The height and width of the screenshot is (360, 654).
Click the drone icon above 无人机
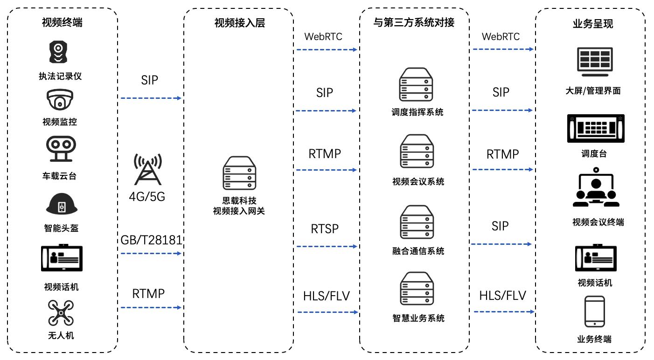point(61,313)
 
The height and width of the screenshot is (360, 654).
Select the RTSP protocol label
point(325,229)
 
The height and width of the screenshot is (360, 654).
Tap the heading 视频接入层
point(239,23)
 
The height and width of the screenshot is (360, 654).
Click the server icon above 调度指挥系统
point(416,85)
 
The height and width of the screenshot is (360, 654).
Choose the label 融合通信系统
point(418,251)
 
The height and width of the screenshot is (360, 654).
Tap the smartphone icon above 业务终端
point(594,312)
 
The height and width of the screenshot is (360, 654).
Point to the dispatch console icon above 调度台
point(595,128)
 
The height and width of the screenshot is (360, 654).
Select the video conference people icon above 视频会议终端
point(596,189)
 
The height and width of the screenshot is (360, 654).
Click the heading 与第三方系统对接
point(414,22)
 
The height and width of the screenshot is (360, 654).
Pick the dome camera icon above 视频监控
point(60,100)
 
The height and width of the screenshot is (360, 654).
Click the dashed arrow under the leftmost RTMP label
point(150,307)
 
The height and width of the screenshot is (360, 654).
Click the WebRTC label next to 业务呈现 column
point(501,36)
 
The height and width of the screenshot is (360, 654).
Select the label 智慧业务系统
point(418,318)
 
